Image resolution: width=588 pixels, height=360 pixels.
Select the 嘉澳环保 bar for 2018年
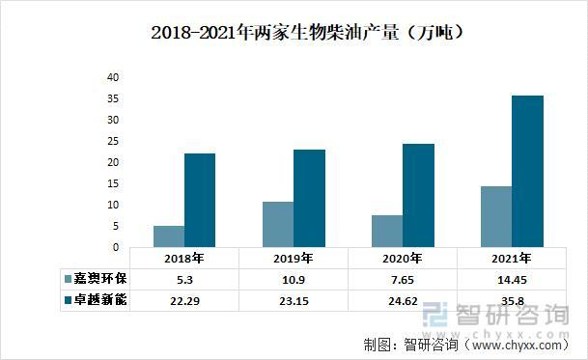click(x=169, y=236)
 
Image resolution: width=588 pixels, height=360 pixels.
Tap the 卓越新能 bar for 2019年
click(x=309, y=198)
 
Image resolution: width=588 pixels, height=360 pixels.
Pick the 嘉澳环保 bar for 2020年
click(x=387, y=231)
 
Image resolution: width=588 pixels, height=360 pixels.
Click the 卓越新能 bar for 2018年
click(x=200, y=200)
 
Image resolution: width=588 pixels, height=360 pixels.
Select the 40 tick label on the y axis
click(x=112, y=77)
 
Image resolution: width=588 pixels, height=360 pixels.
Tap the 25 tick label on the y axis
click(x=112, y=141)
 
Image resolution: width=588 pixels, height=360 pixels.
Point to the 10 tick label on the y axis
click(x=112, y=205)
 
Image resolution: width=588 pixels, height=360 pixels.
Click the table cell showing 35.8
click(x=512, y=299)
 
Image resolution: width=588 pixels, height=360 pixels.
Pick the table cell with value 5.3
click(x=183, y=278)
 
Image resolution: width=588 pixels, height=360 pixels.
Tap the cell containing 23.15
click(x=294, y=299)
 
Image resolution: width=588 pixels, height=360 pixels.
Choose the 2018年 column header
click(x=183, y=258)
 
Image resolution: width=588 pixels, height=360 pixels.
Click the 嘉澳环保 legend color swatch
click(x=69, y=278)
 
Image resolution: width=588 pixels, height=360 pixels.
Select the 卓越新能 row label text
click(x=101, y=299)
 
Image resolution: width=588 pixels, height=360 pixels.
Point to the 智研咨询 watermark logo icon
click(x=438, y=316)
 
